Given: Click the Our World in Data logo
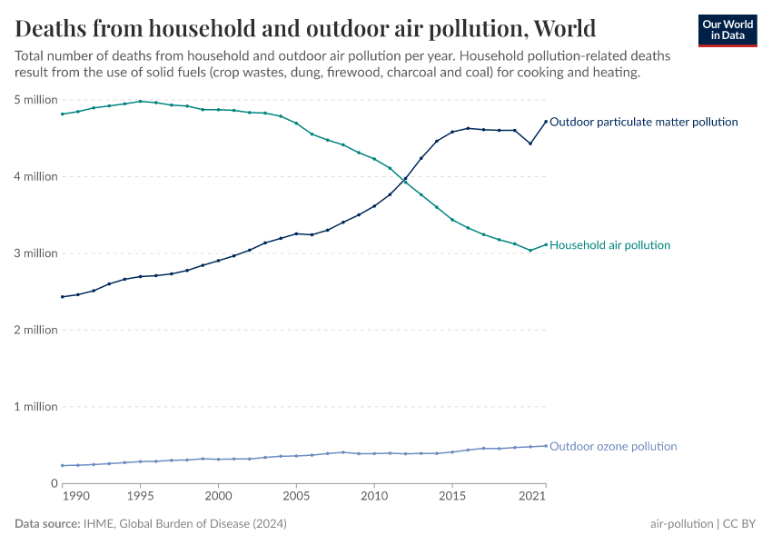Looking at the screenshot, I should (727, 30).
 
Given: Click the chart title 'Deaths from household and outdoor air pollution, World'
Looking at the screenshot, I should (305, 27).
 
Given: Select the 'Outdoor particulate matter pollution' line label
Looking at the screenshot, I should (644, 122).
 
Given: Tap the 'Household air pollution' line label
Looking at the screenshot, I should (610, 245).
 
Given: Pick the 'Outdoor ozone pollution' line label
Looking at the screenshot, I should (613, 446).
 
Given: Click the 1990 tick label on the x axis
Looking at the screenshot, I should (76, 497).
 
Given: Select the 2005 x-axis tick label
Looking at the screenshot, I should (296, 497).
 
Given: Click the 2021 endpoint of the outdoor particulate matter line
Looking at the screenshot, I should (546, 122).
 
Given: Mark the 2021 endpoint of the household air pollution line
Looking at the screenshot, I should (546, 244).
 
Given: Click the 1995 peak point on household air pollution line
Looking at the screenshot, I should (140, 101).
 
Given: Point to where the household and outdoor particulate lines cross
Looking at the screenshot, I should (405, 180).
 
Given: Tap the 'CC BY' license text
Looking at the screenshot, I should (739, 524).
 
